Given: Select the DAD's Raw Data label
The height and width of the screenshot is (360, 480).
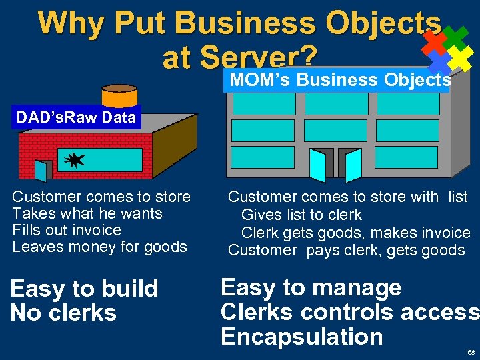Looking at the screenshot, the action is [x=76, y=118].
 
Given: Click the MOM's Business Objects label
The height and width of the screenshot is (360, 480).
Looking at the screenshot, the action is [x=340, y=80].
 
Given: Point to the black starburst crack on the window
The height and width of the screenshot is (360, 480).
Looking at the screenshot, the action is [x=74, y=159].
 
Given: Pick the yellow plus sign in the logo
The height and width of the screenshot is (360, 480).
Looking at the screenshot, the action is [x=459, y=60].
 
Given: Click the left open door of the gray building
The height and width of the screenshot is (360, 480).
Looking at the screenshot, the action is [x=321, y=164].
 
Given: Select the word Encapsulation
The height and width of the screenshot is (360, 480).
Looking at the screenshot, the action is [x=301, y=337].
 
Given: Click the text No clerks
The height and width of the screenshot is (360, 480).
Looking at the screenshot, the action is [x=63, y=313].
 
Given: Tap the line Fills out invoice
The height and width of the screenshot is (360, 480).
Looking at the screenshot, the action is [x=67, y=230].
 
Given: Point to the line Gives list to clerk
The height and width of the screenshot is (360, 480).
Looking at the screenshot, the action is [x=301, y=215].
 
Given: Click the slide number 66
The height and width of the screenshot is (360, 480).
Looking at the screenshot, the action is [x=471, y=351].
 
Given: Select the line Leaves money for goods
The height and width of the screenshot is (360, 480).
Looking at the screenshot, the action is [x=99, y=247].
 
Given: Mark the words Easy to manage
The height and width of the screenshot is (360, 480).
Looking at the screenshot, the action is [x=311, y=287].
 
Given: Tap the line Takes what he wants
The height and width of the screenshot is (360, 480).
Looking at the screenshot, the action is [x=87, y=213].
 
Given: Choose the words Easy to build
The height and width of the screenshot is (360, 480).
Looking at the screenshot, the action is [x=84, y=289].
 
